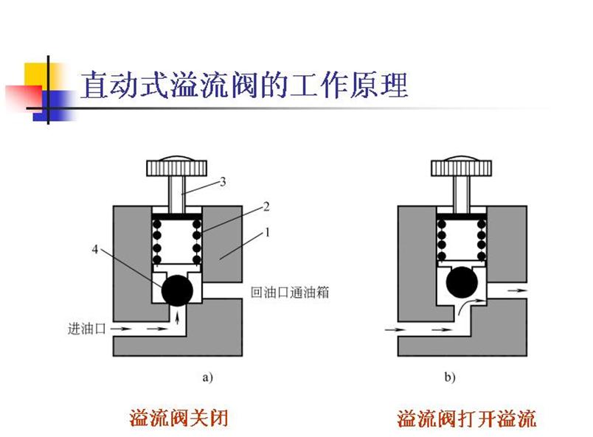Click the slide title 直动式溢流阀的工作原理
tap(244, 84)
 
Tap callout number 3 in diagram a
tap(223, 182)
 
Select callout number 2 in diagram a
tap(266, 206)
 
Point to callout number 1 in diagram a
tap(268, 232)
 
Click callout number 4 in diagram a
tap(95, 249)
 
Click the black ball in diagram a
tap(177, 290)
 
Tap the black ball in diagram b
tap(462, 282)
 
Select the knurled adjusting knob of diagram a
tap(176, 167)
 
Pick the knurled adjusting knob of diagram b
tap(462, 167)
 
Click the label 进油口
tap(86, 329)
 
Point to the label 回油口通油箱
tap(290, 293)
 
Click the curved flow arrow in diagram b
tap(471, 305)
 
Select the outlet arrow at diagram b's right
tap(517, 290)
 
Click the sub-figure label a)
tap(208, 377)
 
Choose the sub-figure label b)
tap(450, 377)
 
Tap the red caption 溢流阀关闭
tap(178, 418)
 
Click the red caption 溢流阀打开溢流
tap(466, 418)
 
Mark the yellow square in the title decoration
tap(37, 75)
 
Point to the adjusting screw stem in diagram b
tap(462, 195)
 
